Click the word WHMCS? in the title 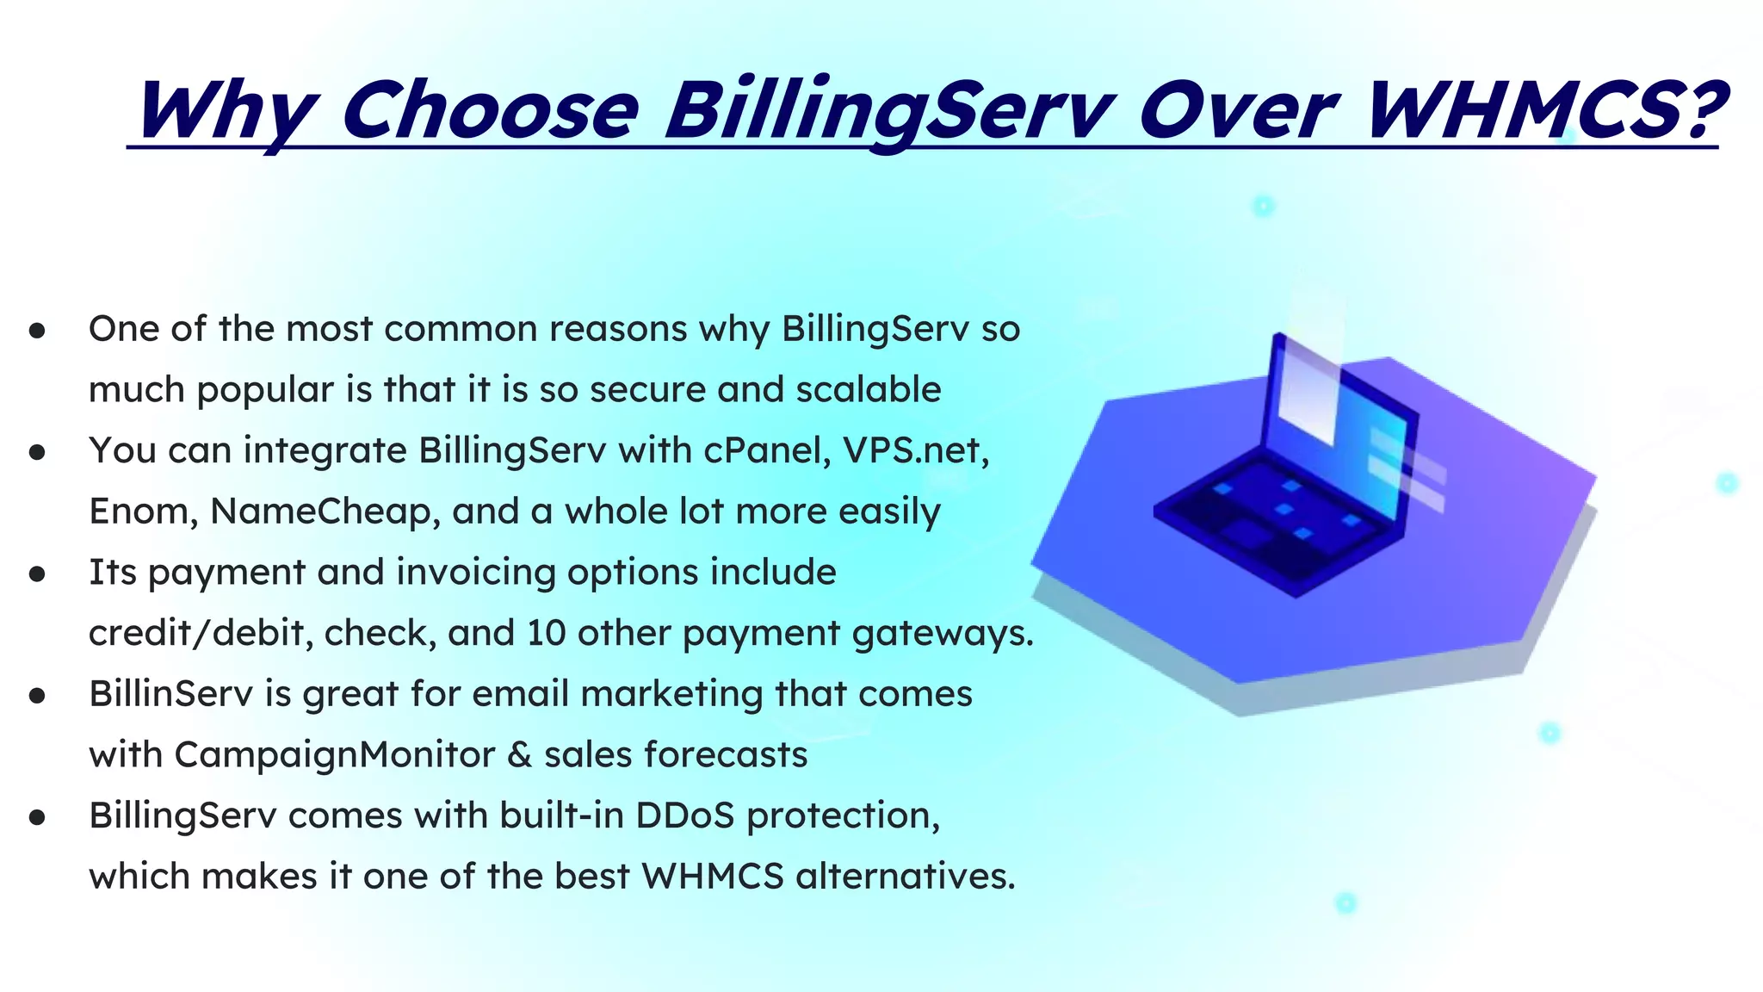coord(1545,110)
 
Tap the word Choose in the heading coord(490,110)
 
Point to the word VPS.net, coord(916,450)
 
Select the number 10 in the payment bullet coord(546,633)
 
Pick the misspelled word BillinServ coord(170,694)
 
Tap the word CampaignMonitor coord(335,755)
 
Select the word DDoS coord(684,815)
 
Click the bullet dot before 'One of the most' coord(36,331)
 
